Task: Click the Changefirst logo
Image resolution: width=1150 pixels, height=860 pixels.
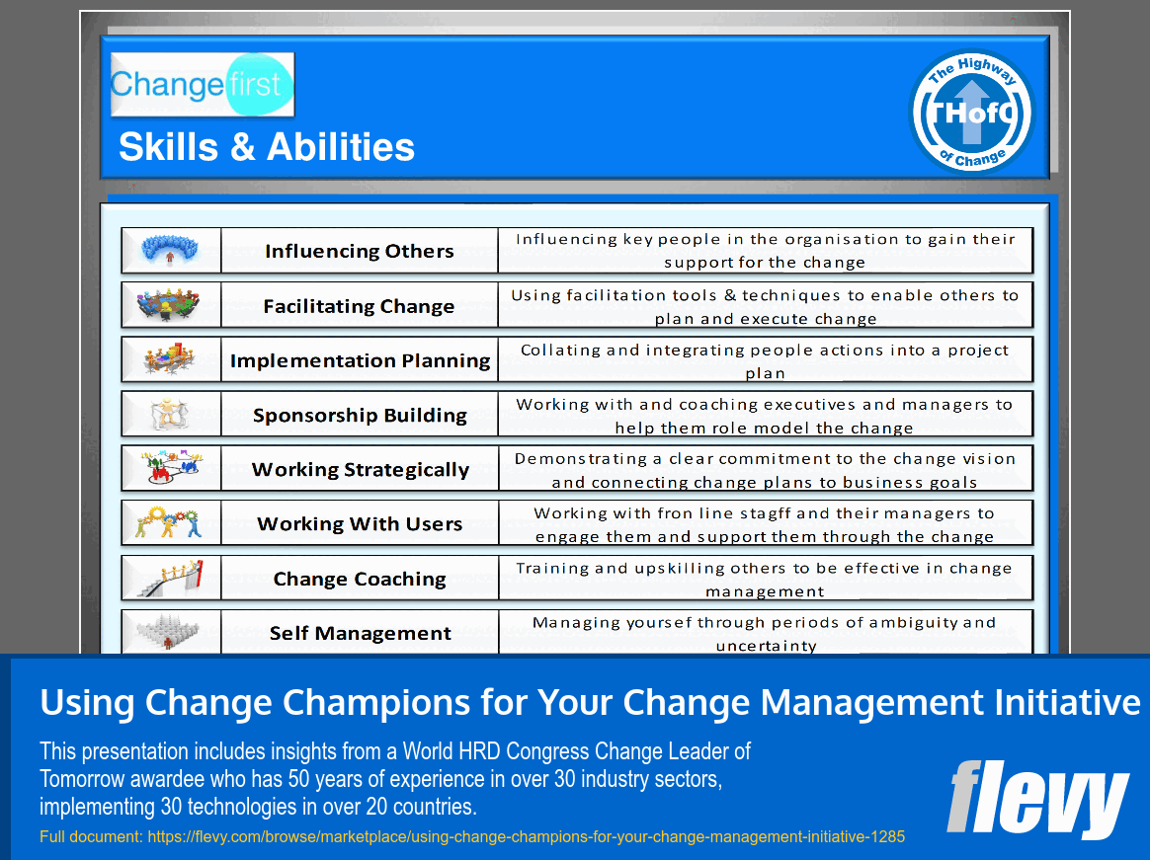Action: pos(203,85)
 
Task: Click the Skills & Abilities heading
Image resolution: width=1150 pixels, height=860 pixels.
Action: pos(267,147)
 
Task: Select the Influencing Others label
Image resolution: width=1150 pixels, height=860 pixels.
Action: pos(360,251)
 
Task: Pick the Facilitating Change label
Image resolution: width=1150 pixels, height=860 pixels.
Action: pos(360,306)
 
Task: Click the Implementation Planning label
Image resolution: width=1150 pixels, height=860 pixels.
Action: pos(360,360)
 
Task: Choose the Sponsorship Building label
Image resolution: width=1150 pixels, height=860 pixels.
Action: pos(360,415)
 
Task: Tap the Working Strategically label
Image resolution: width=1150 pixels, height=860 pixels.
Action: pos(360,469)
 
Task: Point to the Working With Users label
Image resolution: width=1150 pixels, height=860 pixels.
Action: pos(360,523)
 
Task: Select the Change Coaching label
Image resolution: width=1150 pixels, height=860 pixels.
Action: pos(360,579)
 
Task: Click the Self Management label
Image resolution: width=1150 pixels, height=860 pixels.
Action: pos(360,633)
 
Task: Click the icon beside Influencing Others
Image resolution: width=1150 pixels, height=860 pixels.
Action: pos(170,251)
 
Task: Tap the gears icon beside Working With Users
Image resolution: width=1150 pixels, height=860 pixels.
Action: pos(170,522)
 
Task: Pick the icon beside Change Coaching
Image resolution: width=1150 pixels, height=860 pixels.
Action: pos(170,578)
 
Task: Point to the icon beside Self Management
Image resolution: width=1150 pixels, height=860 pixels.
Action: pos(170,632)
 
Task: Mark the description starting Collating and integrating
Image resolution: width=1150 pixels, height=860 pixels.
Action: pos(765,361)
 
